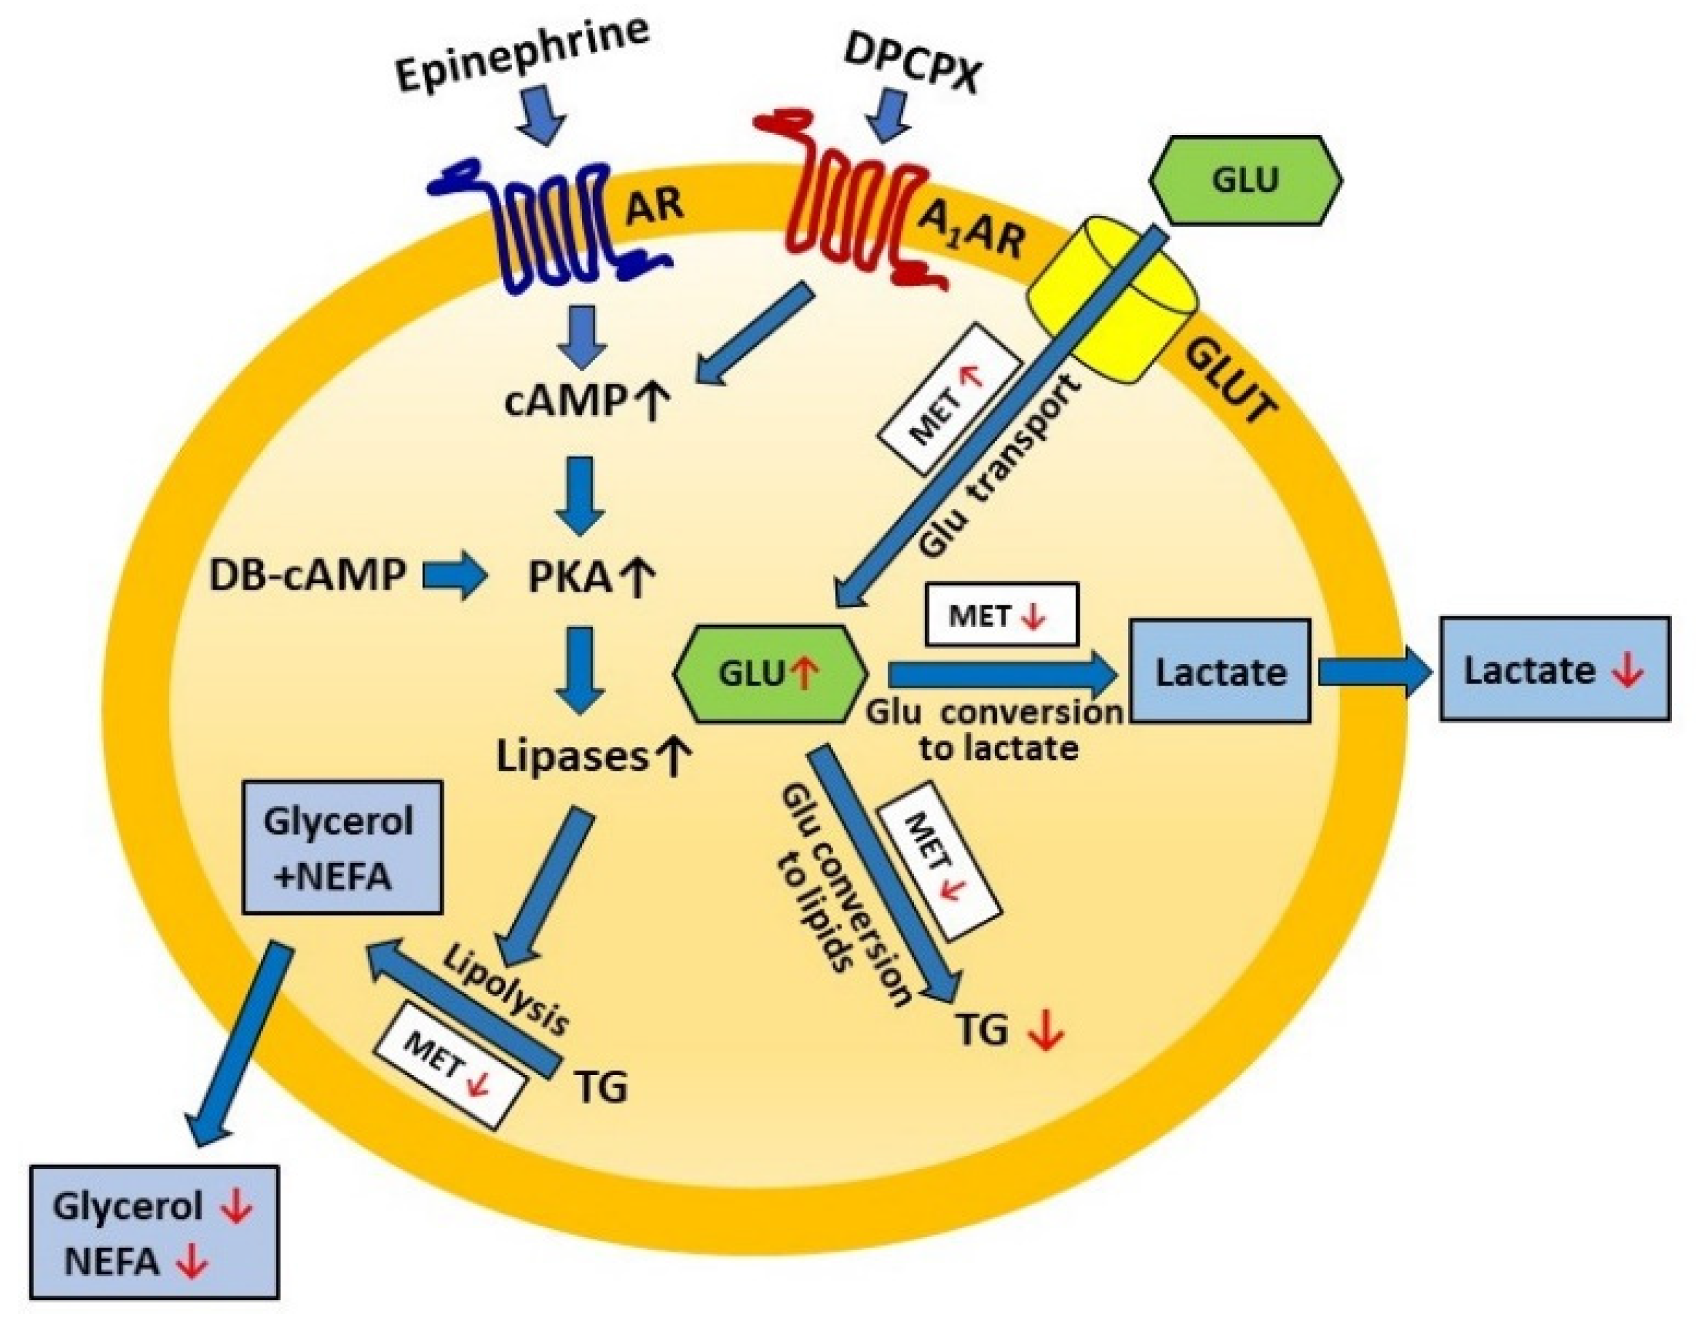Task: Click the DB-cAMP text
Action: (x=308, y=577)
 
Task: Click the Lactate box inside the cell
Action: (x=1220, y=671)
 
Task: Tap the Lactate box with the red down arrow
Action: (x=1554, y=670)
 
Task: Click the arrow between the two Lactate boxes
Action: (x=1375, y=671)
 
